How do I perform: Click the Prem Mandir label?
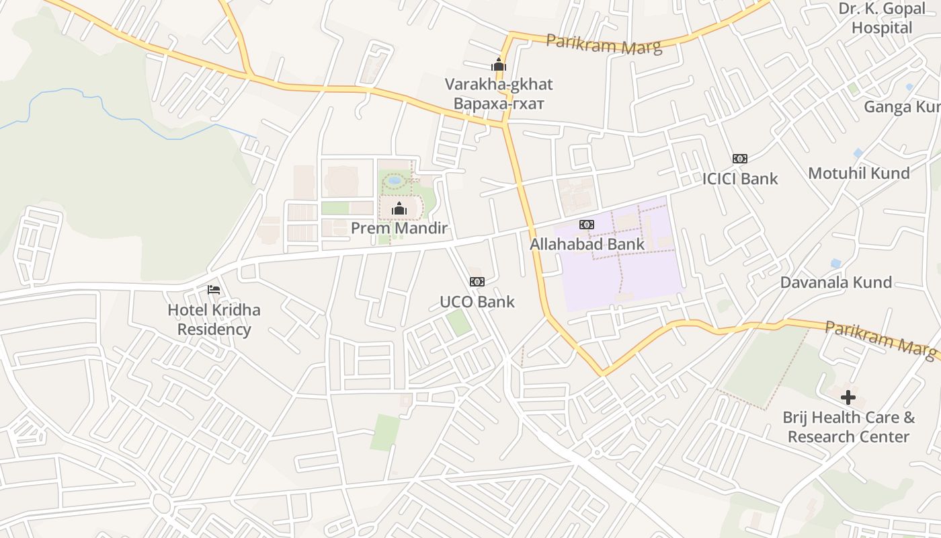399,228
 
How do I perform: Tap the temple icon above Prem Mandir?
399,208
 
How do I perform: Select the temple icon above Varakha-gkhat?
499,65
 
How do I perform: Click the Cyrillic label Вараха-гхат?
499,104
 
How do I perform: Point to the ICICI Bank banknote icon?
740,159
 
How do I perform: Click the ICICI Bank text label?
740,178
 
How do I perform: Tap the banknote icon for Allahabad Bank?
587,225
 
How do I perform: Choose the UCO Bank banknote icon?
477,282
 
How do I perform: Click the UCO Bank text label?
477,301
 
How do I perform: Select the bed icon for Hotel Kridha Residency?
214,290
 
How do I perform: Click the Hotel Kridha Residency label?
214,319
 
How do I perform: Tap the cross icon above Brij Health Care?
848,397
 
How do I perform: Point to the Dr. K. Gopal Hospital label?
882,18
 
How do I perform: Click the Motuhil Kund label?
859,173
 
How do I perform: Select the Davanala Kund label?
846,282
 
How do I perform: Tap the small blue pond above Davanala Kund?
835,263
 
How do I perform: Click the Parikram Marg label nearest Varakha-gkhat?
604,44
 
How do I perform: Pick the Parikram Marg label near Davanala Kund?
881,338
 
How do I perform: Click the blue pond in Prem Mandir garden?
395,180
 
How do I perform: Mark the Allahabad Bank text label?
587,243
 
